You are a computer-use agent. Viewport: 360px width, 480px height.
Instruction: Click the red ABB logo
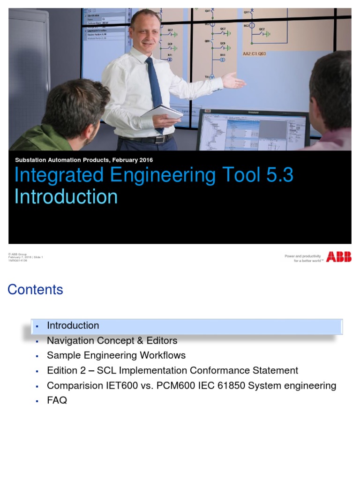(x=338, y=257)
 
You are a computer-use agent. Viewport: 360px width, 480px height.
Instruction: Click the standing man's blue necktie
(x=155, y=89)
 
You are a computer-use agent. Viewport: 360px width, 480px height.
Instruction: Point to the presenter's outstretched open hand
(x=233, y=81)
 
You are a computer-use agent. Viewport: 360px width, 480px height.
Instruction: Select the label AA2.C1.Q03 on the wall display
(x=254, y=54)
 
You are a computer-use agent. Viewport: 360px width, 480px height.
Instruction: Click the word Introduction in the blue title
(x=66, y=196)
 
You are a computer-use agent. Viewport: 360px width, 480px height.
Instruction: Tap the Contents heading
(x=35, y=290)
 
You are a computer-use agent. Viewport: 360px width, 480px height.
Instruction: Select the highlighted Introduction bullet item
(x=73, y=325)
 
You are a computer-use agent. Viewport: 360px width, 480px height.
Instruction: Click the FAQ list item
(x=57, y=400)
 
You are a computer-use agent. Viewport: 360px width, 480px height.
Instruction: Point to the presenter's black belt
(x=145, y=139)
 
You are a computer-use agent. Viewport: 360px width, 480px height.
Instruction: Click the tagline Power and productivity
(x=303, y=256)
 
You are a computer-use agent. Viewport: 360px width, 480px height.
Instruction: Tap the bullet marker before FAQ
(x=37, y=401)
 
